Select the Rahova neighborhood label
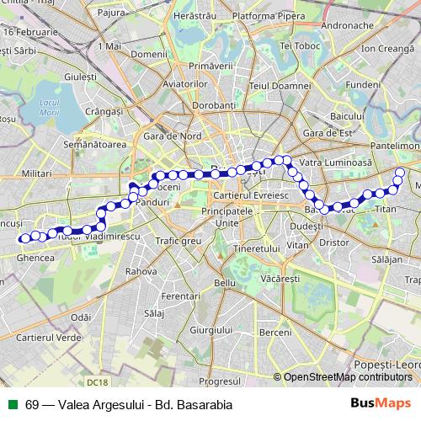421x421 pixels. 141,271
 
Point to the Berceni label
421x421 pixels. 274,333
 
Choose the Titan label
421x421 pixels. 385,209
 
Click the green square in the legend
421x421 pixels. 13,403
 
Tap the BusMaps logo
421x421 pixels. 380,402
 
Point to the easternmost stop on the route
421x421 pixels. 400,173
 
